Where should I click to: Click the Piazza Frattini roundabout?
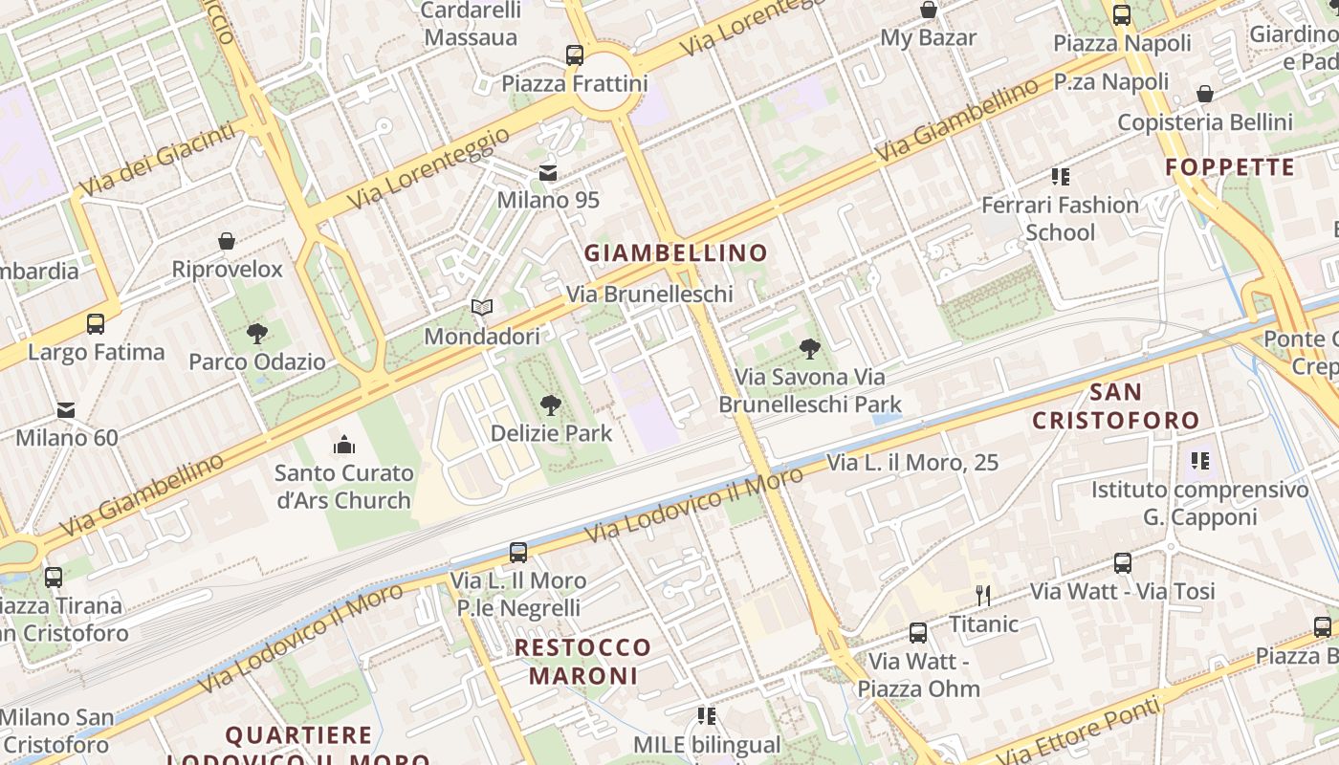[x=604, y=92]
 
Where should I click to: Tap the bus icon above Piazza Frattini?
[x=575, y=55]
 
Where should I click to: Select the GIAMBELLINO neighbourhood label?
[x=676, y=253]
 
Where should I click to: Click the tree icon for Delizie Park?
[x=550, y=405]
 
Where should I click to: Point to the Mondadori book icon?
[x=482, y=308]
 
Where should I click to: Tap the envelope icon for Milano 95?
[x=548, y=172]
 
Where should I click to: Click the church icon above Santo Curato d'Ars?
[x=343, y=445]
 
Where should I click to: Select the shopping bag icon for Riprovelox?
[x=227, y=241]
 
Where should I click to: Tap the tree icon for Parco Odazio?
[x=256, y=334]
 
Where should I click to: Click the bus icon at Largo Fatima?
[x=96, y=323]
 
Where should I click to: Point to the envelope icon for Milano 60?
[x=66, y=409]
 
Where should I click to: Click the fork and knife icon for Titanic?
[x=982, y=595]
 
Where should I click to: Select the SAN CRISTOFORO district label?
[x=1115, y=406]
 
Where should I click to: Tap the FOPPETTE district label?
[x=1230, y=168]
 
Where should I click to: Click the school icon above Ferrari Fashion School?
[x=1060, y=176]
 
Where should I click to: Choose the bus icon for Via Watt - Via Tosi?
[x=1122, y=563]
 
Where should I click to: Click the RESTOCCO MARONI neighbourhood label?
[x=582, y=661]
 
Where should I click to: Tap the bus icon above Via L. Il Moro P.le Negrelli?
[x=518, y=552]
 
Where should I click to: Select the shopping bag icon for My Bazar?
[x=928, y=11]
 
